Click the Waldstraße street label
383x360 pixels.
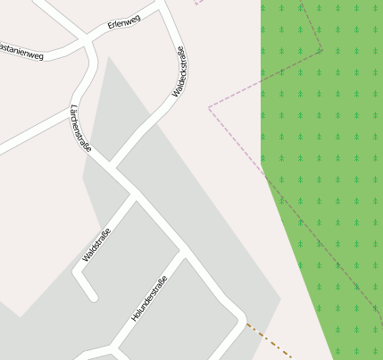coord(96,245)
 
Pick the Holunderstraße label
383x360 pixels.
coord(149,299)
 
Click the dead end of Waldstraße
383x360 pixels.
coord(90,294)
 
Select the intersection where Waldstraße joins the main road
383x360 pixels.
coord(137,196)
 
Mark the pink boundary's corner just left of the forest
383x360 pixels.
coord(210,108)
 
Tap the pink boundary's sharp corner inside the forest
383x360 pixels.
coord(321,49)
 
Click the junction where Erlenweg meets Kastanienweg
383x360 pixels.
coord(87,38)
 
